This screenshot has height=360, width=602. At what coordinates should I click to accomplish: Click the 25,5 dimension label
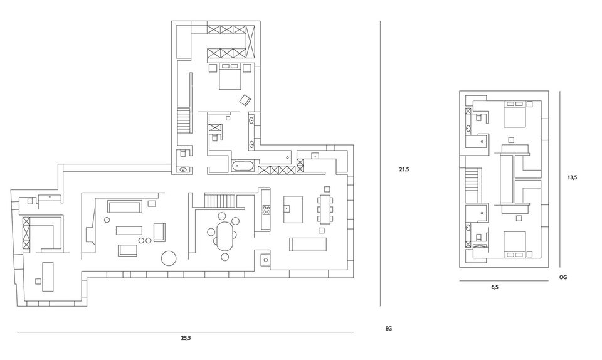click(x=186, y=338)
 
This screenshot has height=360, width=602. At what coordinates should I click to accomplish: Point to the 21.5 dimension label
click(x=403, y=169)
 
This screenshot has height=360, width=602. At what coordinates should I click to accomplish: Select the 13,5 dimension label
click(x=571, y=177)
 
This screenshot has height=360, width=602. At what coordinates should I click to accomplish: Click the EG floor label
click(x=389, y=328)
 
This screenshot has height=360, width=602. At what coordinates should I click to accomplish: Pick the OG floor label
click(x=562, y=277)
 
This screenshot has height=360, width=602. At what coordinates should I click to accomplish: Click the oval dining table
click(x=223, y=231)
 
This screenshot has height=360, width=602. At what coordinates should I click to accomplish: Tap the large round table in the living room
click(x=169, y=258)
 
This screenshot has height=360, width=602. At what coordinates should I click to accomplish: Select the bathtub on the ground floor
click(x=244, y=166)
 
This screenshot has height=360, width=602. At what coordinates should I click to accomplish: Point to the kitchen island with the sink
click(x=293, y=208)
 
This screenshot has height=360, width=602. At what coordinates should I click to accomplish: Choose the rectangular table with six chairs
click(x=326, y=209)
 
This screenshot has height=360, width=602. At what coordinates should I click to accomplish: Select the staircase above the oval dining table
click(x=219, y=201)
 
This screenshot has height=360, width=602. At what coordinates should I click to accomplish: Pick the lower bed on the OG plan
click(x=515, y=245)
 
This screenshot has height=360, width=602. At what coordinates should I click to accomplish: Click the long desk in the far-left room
click(x=46, y=276)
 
